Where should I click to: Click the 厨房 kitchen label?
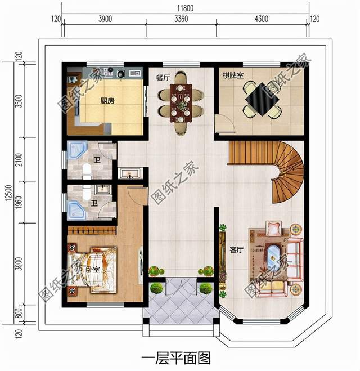click(x=107, y=101)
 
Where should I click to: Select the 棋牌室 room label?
click(x=232, y=75)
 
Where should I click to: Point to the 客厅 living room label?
click(x=236, y=249)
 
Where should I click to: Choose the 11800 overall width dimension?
click(x=186, y=7)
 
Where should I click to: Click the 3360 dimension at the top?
click(x=181, y=19)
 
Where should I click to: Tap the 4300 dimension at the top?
click(x=262, y=19)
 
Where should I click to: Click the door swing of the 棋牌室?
click(x=223, y=123)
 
